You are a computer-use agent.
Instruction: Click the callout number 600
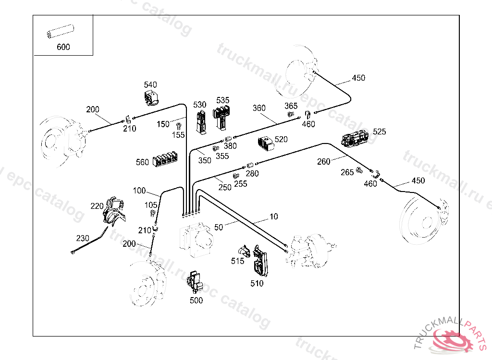click(63, 47)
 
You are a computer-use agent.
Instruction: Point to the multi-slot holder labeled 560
click(165, 160)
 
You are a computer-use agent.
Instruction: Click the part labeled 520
click(265, 143)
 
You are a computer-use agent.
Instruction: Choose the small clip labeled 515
click(244, 252)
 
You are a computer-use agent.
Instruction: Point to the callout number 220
click(97, 206)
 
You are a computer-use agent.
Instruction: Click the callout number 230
click(83, 238)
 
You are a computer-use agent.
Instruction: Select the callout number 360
click(259, 108)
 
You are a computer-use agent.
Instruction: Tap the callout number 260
click(324, 161)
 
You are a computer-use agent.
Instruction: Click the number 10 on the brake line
click(273, 217)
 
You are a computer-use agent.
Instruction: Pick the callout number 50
click(219, 228)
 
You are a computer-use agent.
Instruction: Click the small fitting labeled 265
click(359, 171)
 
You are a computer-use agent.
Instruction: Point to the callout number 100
click(139, 191)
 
